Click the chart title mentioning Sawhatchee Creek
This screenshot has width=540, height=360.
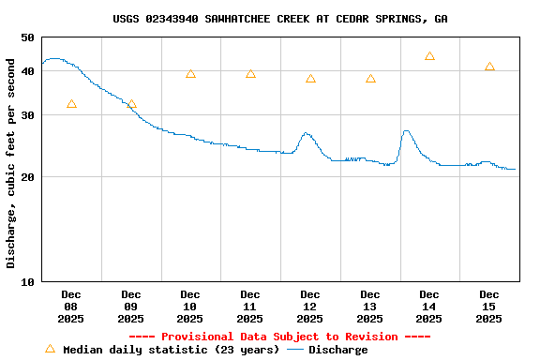pyautogui.click(x=279, y=19)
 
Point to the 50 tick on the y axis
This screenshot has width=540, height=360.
pyautogui.click(x=27, y=37)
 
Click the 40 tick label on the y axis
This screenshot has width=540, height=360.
pyautogui.click(x=27, y=71)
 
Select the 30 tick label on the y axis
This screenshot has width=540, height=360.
pyautogui.click(x=27, y=115)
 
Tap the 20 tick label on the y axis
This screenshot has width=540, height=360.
pyautogui.click(x=27, y=177)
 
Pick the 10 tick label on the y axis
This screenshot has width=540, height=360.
pyautogui.click(x=27, y=282)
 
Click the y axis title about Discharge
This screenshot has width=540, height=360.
pyautogui.click(x=11, y=163)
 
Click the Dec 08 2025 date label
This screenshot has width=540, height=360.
pyautogui.click(x=71, y=307)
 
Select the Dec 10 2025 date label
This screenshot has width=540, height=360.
pyautogui.click(x=190, y=307)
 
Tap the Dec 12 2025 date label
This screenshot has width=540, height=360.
pyautogui.click(x=310, y=307)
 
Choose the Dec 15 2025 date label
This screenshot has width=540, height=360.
pyautogui.click(x=489, y=307)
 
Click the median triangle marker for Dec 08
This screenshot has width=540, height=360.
pyautogui.click(x=71, y=104)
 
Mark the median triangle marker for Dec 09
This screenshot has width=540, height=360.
pyautogui.click(x=131, y=104)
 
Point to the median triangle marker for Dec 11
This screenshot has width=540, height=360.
pyautogui.click(x=250, y=74)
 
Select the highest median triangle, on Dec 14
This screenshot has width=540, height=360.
pyautogui.click(x=429, y=56)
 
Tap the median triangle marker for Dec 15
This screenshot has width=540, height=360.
pyautogui.click(x=489, y=67)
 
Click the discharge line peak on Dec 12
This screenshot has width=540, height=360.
pyautogui.click(x=307, y=133)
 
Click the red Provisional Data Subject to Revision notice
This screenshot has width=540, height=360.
pyautogui.click(x=279, y=337)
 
